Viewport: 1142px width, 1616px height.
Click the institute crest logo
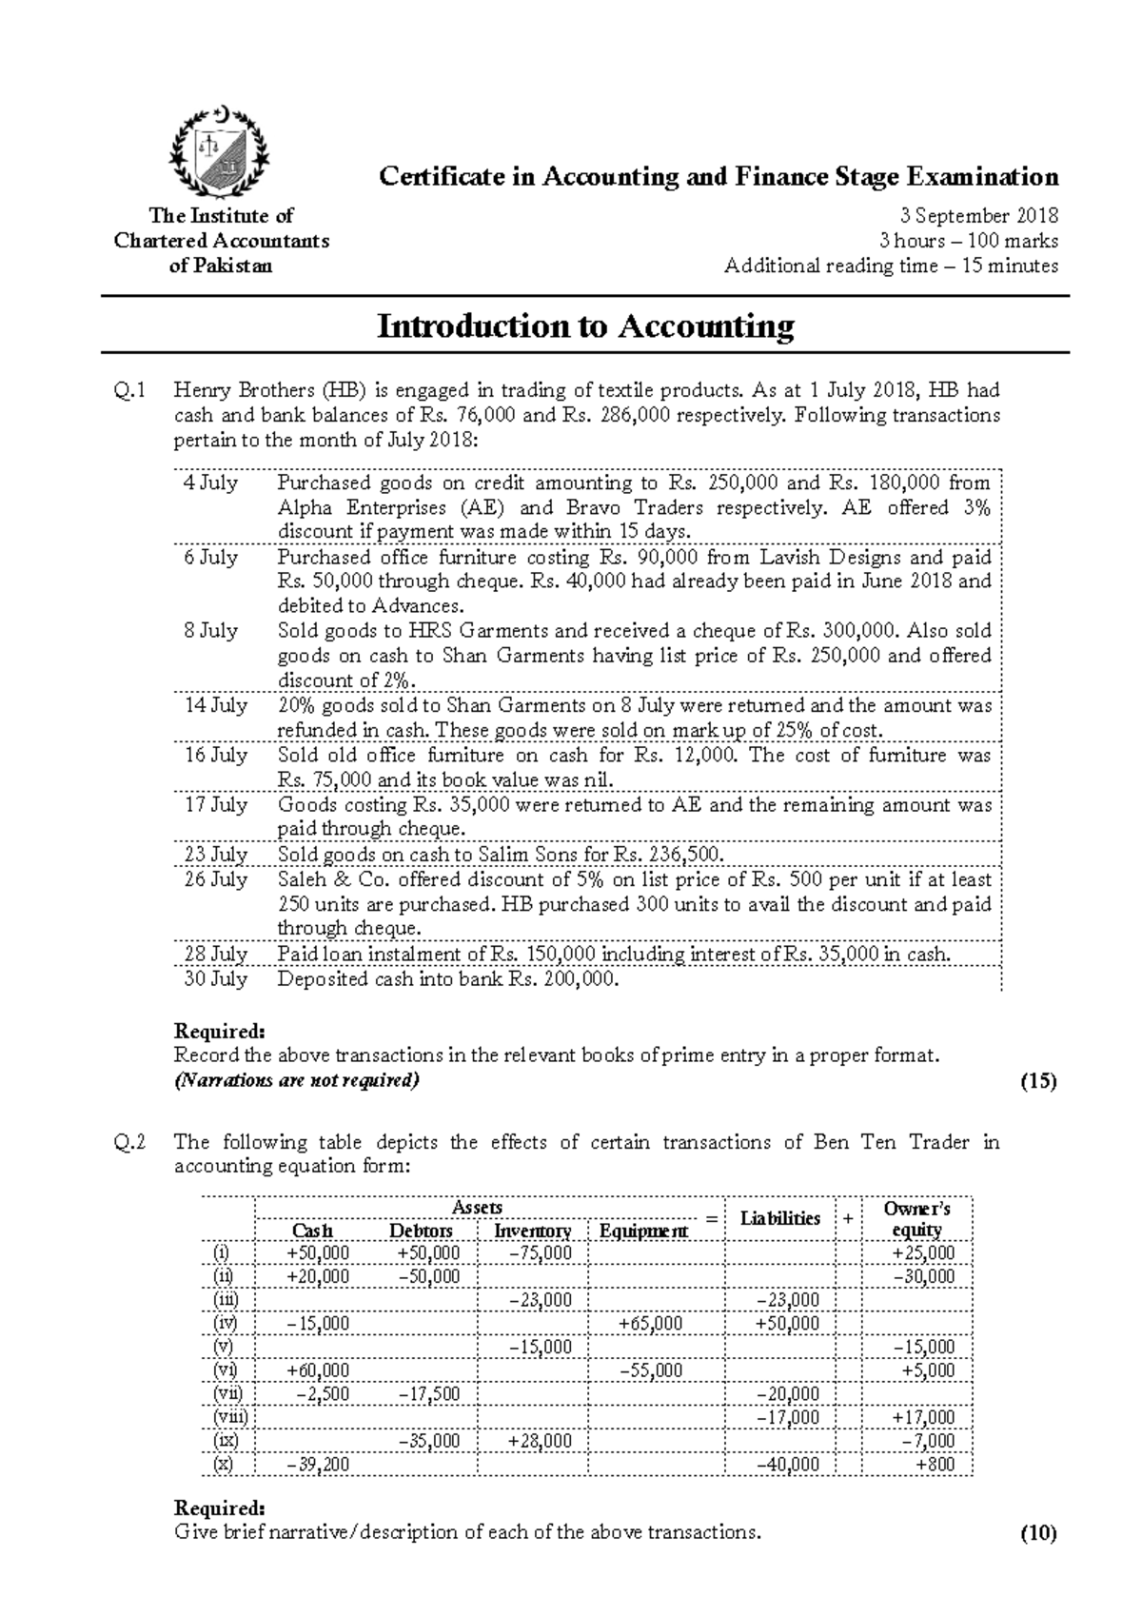coord(220,151)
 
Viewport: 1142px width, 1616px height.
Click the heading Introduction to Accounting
coord(585,326)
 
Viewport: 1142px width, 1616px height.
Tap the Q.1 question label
coord(129,390)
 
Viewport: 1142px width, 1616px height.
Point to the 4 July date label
coord(210,483)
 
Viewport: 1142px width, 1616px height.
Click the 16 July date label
coord(215,755)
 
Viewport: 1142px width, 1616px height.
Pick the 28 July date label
coord(215,954)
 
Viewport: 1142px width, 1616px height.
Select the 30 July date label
coord(215,978)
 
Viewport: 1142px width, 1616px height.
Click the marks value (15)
coord(1038,1081)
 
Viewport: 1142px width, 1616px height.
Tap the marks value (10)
coord(1038,1533)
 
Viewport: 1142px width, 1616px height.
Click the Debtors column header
coord(421,1231)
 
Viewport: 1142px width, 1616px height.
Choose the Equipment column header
coord(643,1231)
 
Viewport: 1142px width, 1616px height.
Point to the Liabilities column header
coord(780,1218)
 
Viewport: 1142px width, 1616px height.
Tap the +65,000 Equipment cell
coord(650,1324)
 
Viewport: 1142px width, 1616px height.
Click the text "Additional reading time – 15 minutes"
coord(891,266)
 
